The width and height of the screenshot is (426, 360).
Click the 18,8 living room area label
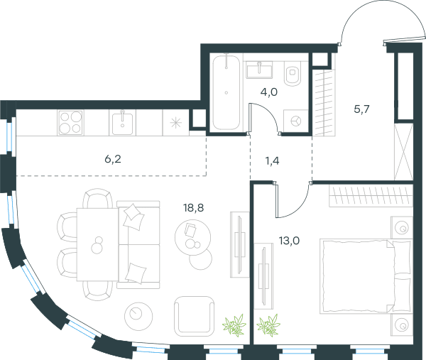[193, 208]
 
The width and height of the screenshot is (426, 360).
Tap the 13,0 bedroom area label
[289, 241]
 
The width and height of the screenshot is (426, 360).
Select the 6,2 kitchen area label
[113, 159]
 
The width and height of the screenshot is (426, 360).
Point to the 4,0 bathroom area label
[269, 92]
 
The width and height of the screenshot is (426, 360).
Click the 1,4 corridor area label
[272, 161]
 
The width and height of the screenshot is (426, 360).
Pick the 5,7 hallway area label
[361, 109]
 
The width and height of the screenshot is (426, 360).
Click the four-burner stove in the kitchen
[70, 122]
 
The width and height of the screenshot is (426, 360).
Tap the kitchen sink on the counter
[122, 123]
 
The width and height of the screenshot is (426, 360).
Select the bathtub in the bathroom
[226, 92]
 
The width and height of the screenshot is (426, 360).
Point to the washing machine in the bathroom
[295, 121]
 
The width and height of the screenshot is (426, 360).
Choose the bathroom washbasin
[259, 70]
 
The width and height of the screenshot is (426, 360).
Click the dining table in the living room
[97, 244]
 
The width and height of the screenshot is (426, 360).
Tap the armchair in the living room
[194, 316]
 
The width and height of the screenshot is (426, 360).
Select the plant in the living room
[234, 325]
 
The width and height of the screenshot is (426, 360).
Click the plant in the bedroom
[268, 325]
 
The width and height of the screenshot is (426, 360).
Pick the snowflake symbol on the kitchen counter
[176, 123]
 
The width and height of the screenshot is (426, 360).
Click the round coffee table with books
[193, 237]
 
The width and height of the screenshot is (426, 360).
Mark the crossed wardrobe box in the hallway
[403, 152]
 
